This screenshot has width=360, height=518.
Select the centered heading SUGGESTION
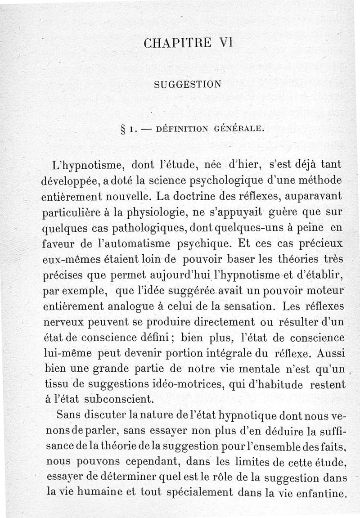click(x=187, y=84)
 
